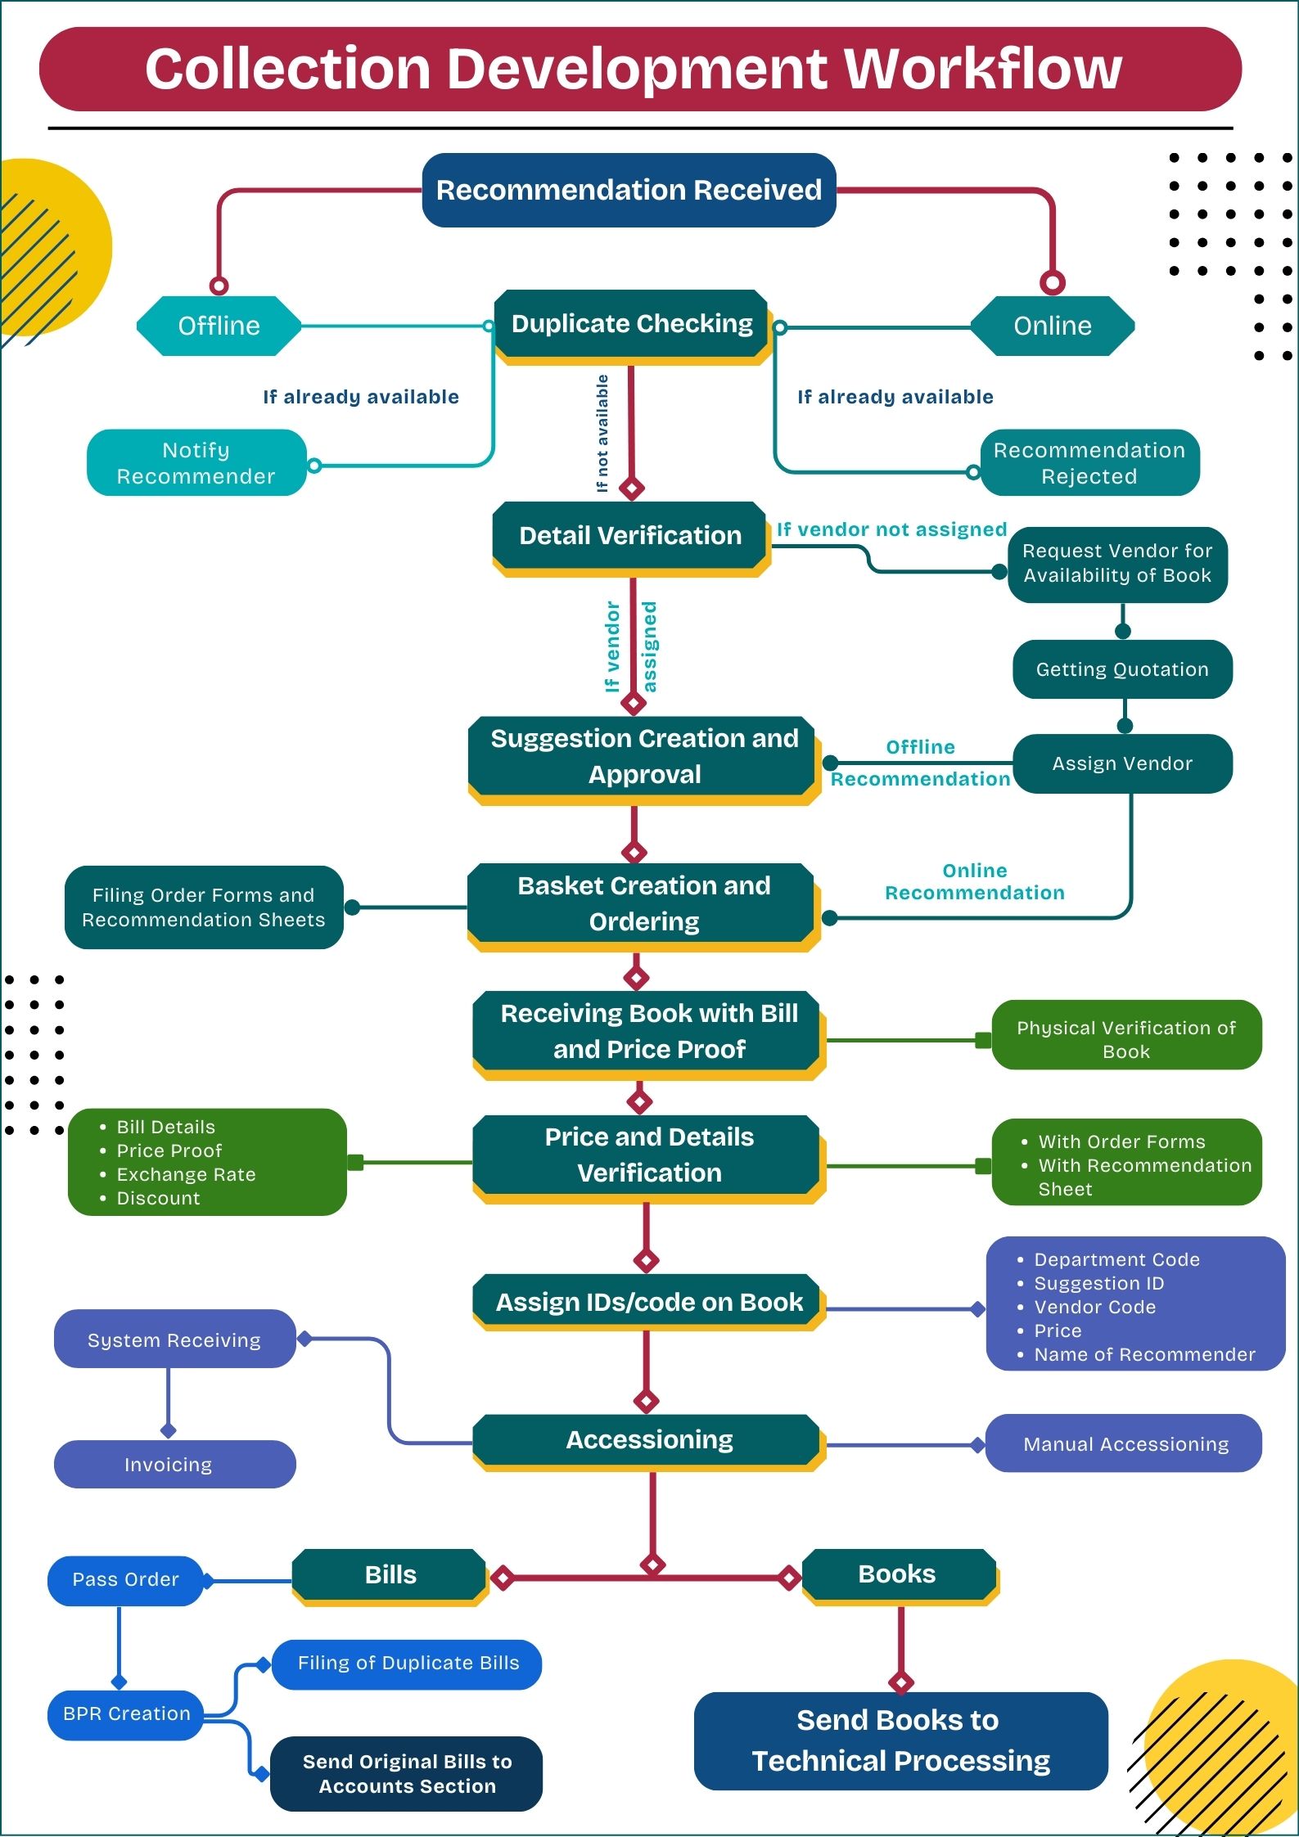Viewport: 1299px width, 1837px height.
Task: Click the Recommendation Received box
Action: pos(629,190)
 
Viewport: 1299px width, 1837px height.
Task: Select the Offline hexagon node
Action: pos(219,326)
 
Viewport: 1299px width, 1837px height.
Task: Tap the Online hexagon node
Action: pos(1052,326)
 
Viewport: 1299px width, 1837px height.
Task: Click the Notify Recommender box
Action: pos(196,463)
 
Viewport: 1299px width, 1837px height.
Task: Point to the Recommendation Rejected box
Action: pos(1089,463)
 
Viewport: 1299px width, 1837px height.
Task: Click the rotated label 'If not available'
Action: pos(602,433)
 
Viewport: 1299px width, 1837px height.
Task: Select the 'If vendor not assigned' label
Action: pos(891,529)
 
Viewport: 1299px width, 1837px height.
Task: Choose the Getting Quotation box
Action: pos(1122,669)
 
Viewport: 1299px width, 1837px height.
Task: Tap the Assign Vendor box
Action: pos(1122,763)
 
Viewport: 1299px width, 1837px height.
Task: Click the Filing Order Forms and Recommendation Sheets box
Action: pos(203,907)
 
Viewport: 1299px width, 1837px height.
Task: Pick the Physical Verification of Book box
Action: pos(1126,1039)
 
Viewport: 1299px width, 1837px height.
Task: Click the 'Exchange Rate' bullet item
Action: pos(186,1174)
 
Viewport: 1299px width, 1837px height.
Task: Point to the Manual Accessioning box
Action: pos(1125,1444)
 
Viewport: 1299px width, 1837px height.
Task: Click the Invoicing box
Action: pos(169,1465)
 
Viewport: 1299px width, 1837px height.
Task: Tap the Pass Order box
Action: pos(125,1579)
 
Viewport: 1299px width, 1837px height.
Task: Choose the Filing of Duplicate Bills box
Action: pos(408,1663)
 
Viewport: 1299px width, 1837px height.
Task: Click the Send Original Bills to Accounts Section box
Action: pos(407,1774)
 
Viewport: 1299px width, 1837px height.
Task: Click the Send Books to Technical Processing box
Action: pos(900,1740)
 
